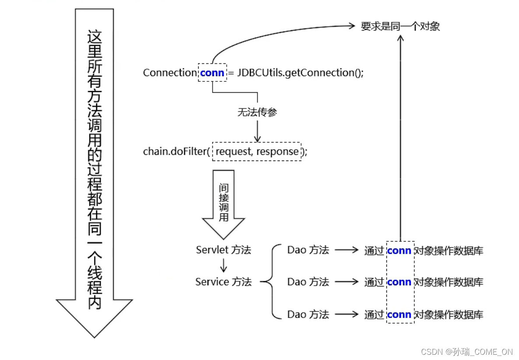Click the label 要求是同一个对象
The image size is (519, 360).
(x=400, y=26)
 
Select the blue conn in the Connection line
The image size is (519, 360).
(x=212, y=73)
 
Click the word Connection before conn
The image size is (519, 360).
(x=170, y=73)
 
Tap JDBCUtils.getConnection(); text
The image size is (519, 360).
(x=301, y=73)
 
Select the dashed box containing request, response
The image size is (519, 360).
(x=257, y=152)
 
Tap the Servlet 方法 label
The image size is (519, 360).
(x=224, y=250)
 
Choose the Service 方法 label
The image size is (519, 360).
(x=224, y=282)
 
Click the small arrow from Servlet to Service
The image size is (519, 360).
(x=224, y=266)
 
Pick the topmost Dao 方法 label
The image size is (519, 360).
(x=308, y=250)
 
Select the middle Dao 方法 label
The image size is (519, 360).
(x=308, y=282)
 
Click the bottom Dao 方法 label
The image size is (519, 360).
(x=308, y=315)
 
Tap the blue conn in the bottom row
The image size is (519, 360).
(x=399, y=315)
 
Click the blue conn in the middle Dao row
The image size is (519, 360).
(x=399, y=282)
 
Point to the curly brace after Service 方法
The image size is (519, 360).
(x=271, y=282)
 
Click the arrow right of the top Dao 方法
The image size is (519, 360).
(x=347, y=250)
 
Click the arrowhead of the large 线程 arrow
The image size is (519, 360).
(x=94, y=317)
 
